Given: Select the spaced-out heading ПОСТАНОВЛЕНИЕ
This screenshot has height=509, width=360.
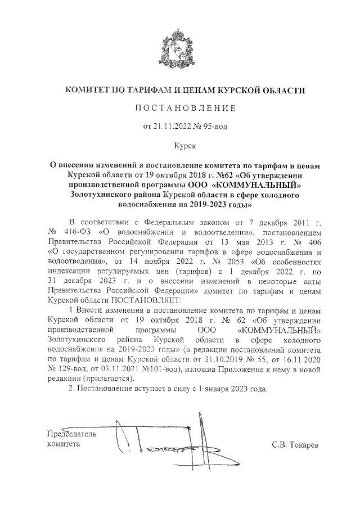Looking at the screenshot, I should (x=180, y=107).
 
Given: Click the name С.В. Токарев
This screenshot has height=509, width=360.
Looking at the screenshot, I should (x=294, y=445).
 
